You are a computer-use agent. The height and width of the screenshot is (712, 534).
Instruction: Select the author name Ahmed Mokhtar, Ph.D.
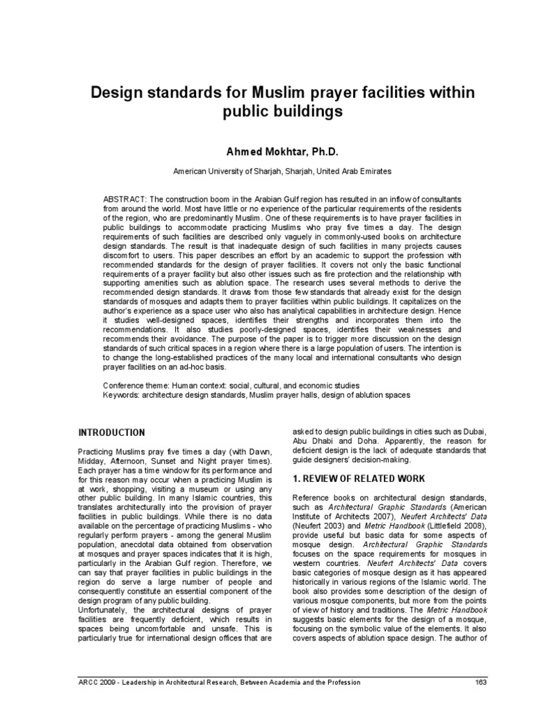[x=268, y=152]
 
